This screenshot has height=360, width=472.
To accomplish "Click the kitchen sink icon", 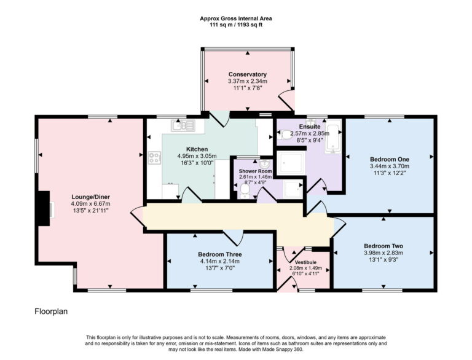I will click(x=184, y=127).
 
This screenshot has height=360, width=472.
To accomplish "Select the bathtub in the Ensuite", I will click(x=332, y=138).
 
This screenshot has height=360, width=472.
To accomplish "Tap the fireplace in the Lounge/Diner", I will click(x=43, y=209).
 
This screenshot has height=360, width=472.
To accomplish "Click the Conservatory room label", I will click(x=247, y=74).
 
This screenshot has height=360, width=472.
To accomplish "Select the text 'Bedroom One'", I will click(x=389, y=157).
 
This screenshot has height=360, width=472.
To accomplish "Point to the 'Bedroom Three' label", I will click(x=219, y=254).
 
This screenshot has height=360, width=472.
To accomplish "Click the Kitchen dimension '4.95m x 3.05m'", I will click(x=197, y=156).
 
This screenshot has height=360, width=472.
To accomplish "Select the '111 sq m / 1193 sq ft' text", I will click(x=236, y=26).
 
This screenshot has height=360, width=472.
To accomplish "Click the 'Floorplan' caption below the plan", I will click(x=50, y=311).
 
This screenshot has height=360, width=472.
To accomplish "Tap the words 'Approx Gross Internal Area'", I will click(x=236, y=18).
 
